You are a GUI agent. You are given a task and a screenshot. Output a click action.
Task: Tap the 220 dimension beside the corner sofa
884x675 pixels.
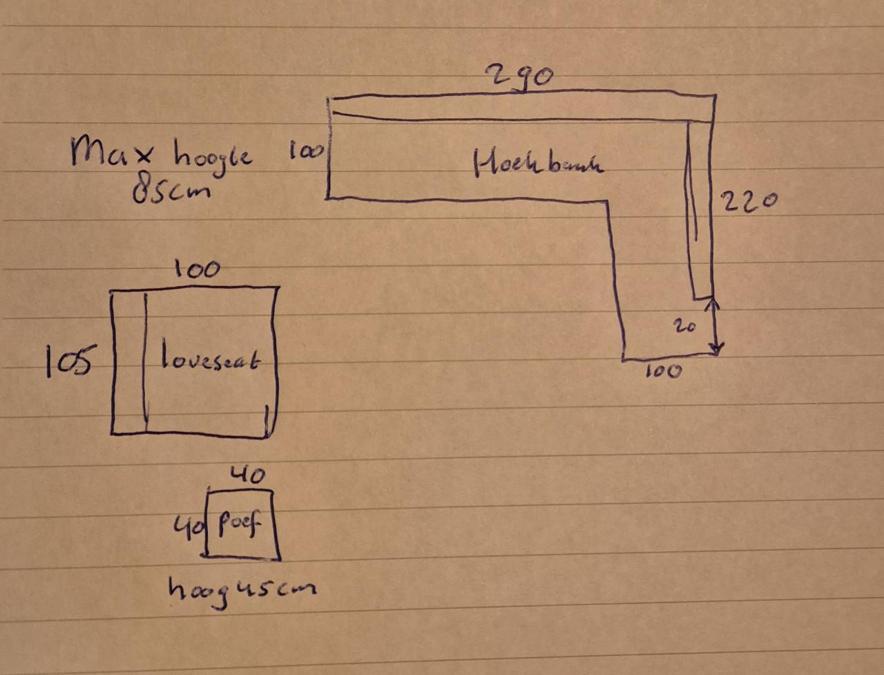749,202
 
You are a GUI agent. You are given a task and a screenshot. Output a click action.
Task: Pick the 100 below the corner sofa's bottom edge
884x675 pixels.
663,372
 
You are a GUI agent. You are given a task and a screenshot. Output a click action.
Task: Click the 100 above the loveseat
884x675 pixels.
197,270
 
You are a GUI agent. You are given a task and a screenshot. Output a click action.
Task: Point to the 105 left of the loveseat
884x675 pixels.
68,361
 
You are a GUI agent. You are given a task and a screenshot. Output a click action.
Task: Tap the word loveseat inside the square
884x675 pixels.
211,359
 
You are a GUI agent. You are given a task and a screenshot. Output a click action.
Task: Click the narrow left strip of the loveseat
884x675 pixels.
128,363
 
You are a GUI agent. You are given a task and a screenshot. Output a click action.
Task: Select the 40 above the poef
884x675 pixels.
247,475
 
